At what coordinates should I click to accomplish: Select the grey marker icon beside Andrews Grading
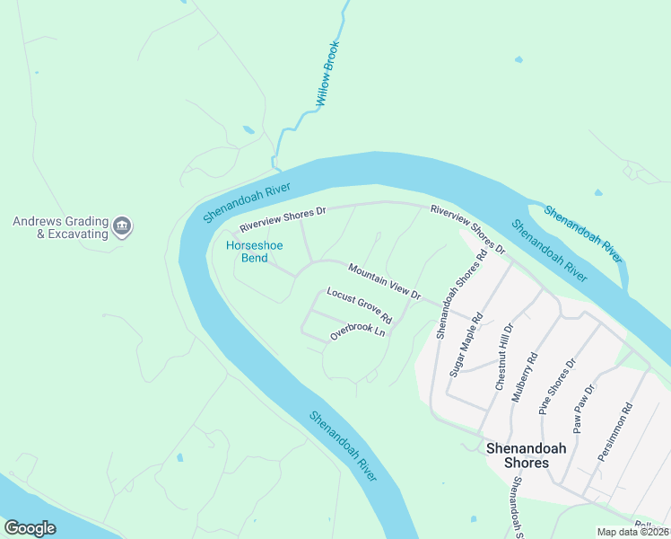pyautogui.click(x=123, y=226)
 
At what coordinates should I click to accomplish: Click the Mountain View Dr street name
pyautogui.click(x=384, y=281)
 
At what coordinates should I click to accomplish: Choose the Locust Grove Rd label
pyautogui.click(x=360, y=305)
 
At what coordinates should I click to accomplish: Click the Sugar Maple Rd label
pyautogui.click(x=466, y=344)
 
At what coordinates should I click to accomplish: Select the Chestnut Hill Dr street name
pyautogui.click(x=502, y=357)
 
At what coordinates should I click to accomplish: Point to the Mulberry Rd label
pyautogui.click(x=525, y=376)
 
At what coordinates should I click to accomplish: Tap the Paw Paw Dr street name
pyautogui.click(x=584, y=409)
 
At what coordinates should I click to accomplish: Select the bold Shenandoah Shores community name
pyautogui.click(x=517, y=455)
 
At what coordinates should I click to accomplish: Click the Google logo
pyautogui.click(x=30, y=528)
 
